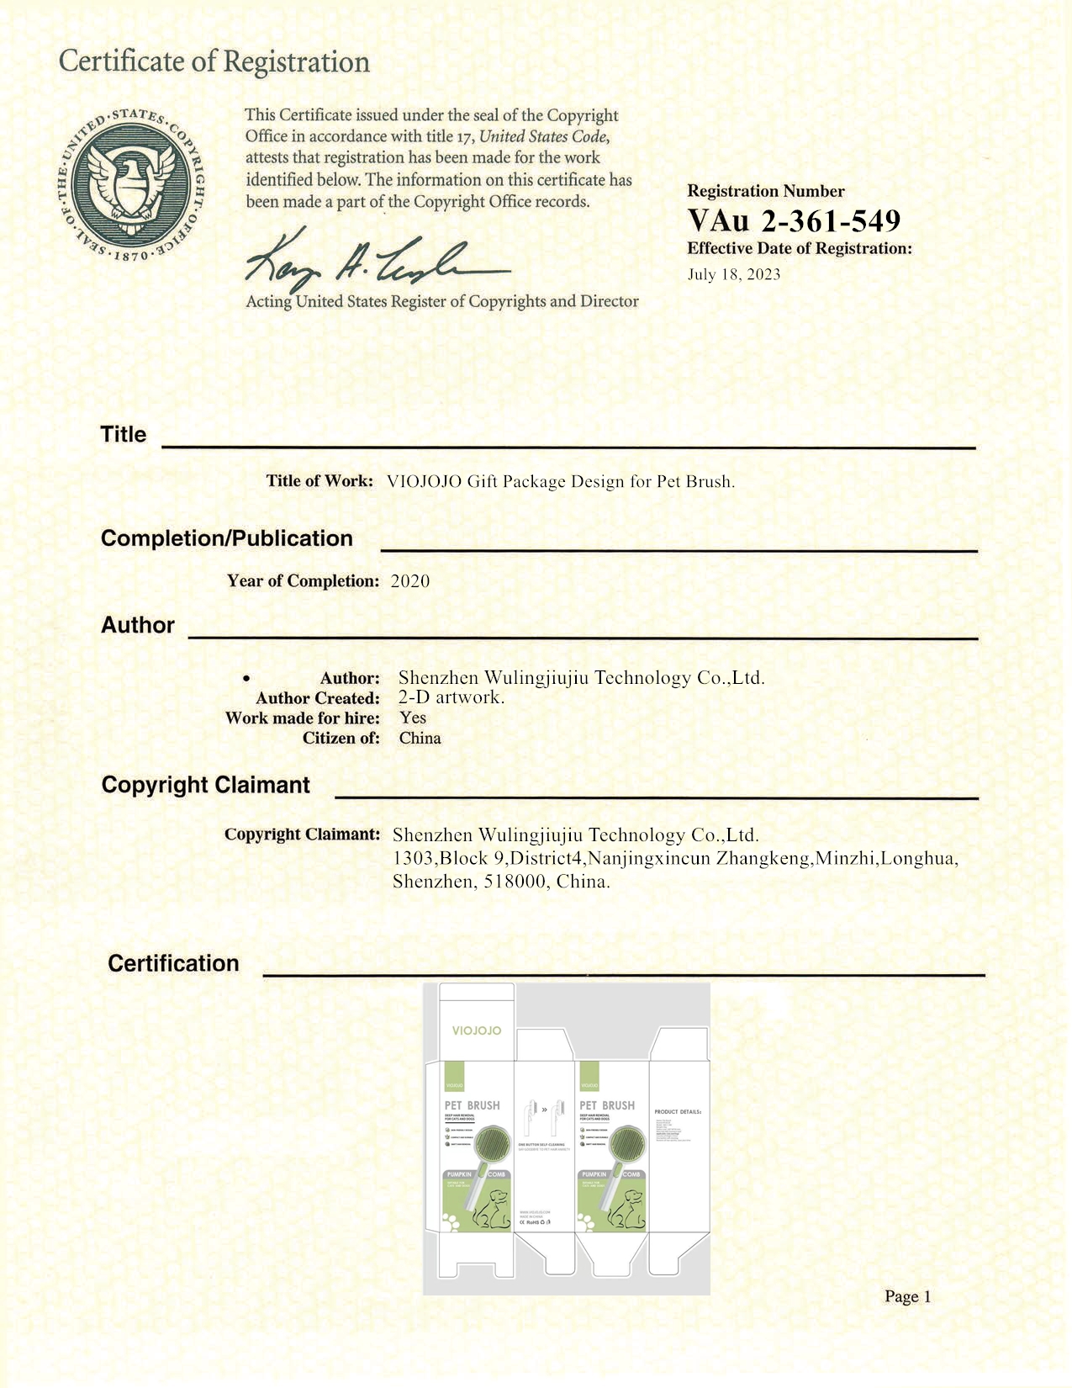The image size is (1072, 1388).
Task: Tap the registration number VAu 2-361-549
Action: coord(793,220)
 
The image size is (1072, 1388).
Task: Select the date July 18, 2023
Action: coord(733,274)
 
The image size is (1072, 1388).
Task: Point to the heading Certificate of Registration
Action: coord(214,61)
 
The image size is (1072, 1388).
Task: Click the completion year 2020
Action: coord(410,581)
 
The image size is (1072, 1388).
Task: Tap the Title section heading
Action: coord(123,434)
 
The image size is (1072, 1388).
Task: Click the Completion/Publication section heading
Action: coord(226,538)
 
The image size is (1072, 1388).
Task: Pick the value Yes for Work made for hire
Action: coord(413,718)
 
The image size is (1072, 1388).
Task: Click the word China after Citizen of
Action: coord(420,738)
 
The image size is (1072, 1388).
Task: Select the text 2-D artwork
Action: coord(451,697)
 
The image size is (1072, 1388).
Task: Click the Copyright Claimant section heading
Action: coord(205,785)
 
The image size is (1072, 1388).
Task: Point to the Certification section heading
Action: coord(173,963)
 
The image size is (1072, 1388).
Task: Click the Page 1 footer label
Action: coord(907,1296)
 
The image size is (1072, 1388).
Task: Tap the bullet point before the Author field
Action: coord(246,678)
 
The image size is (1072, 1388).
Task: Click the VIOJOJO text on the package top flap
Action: coord(476,1030)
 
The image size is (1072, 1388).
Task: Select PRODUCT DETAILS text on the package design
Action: coord(677,1112)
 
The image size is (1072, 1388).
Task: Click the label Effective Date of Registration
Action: coord(799,248)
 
